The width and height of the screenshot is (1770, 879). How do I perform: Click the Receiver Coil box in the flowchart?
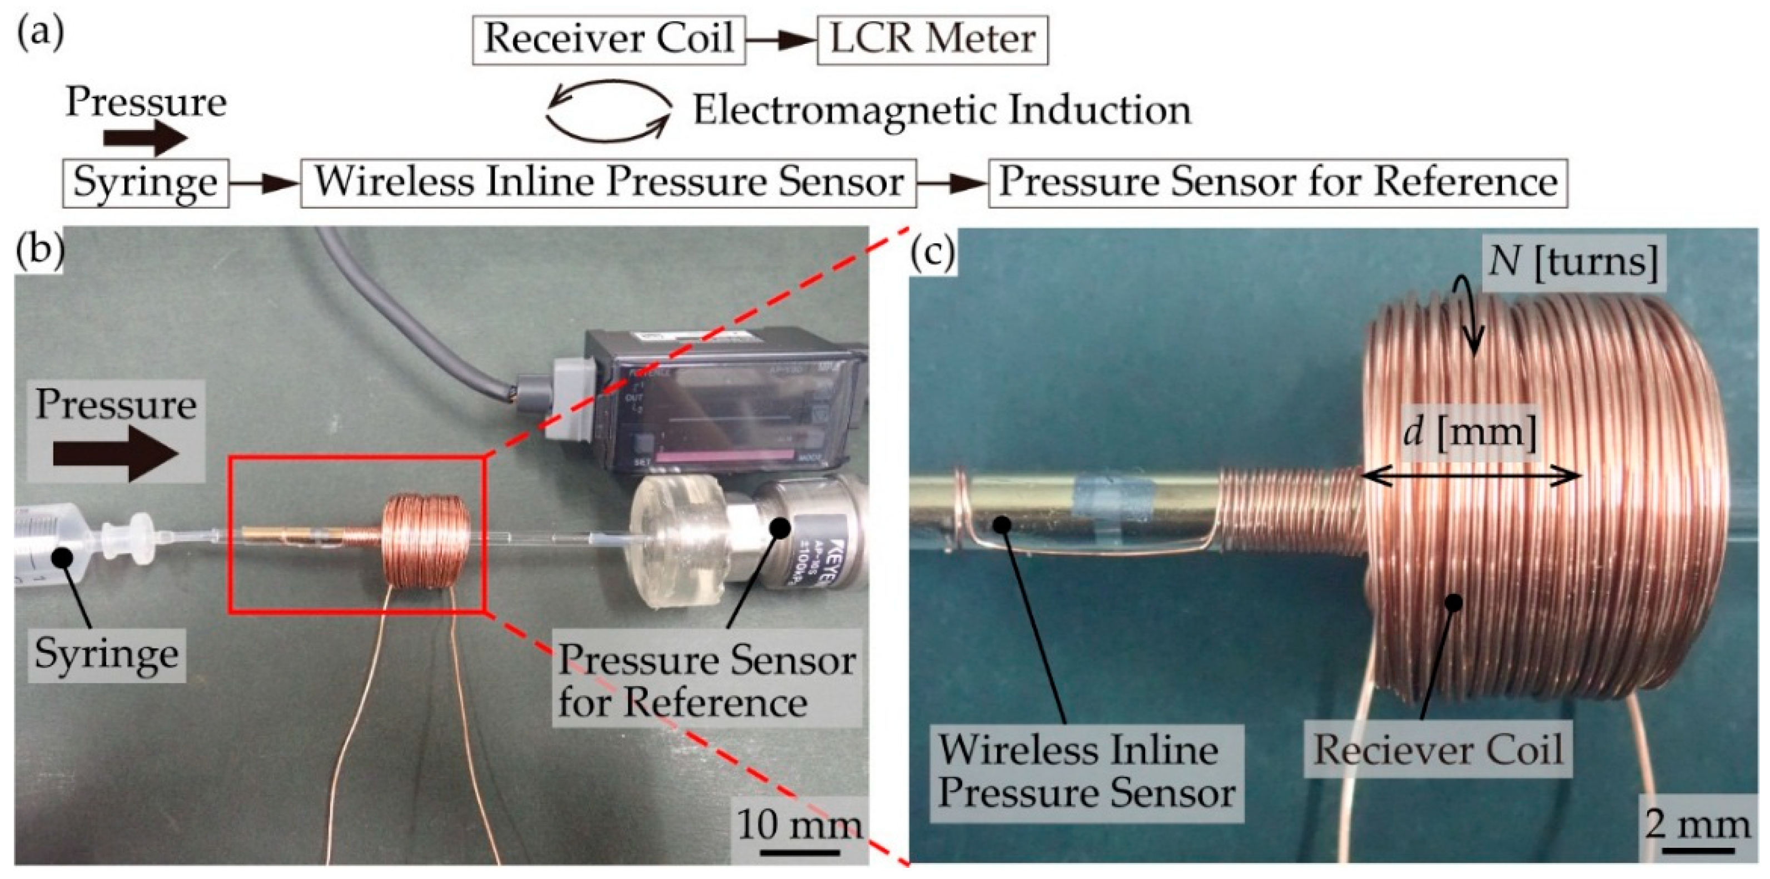pyautogui.click(x=609, y=40)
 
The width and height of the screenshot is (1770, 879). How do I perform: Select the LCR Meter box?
pyautogui.click(x=932, y=40)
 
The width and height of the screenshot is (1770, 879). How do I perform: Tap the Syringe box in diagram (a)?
pyautogui.click(x=145, y=183)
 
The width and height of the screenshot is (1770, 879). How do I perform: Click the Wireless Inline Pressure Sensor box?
pyautogui.click(x=608, y=183)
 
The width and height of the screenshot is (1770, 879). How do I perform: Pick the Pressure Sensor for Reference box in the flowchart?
pyautogui.click(x=1277, y=183)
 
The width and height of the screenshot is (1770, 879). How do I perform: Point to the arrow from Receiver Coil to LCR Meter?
pyautogui.click(x=780, y=41)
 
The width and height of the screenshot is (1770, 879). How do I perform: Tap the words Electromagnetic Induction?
pyautogui.click(x=941, y=110)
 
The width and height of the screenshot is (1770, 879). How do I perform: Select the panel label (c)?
pyautogui.click(x=932, y=253)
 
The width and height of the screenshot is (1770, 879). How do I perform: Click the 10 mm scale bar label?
pyautogui.click(x=799, y=825)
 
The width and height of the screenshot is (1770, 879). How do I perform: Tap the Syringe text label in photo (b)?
pyautogui.click(x=107, y=655)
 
